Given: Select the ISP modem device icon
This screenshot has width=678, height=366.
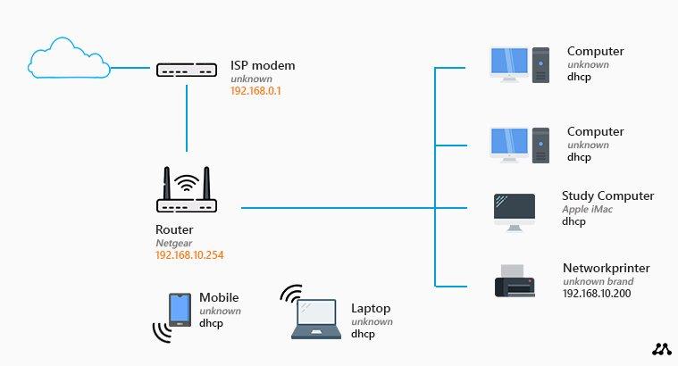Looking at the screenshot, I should point(187,70).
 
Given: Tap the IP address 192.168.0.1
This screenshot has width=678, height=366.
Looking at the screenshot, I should point(256,91).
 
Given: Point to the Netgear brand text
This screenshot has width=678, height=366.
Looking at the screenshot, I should point(173,243).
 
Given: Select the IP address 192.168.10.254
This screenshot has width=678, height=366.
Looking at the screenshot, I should point(189,255).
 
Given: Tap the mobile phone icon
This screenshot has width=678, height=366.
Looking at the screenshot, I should point(179,310).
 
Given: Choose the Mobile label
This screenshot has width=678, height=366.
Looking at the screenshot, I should point(219,298).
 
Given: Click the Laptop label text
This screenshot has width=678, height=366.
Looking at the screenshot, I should point(371,309).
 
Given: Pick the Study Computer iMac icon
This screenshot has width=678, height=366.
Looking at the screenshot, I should point(515,212).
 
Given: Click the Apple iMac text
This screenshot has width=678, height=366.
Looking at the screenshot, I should point(587,209).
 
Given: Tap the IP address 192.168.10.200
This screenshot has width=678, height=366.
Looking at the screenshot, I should point(598,293).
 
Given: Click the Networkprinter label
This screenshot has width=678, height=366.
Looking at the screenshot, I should point(606,268).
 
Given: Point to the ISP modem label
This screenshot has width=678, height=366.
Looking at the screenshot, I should point(263,66).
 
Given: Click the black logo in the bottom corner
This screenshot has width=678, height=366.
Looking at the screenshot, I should point(661,350).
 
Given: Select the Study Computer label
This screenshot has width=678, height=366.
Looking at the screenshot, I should point(607,196).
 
